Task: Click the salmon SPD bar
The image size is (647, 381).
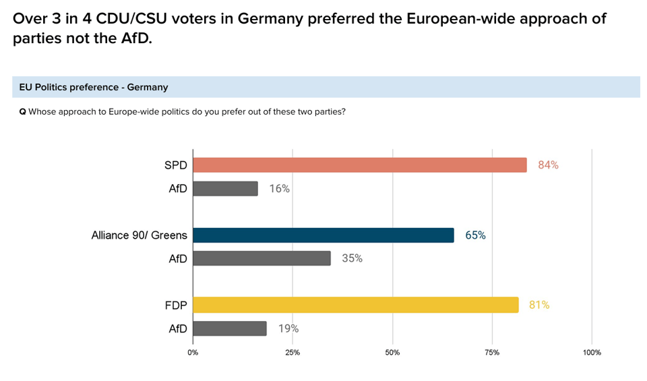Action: click(359, 165)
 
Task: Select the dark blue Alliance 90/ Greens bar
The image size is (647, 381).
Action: click(323, 235)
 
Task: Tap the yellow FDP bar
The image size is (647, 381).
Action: click(355, 305)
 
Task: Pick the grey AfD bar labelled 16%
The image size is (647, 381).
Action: click(225, 188)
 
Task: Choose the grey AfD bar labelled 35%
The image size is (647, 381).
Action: click(261, 258)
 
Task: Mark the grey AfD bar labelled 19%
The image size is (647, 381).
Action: click(229, 328)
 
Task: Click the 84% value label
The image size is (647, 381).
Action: click(548, 165)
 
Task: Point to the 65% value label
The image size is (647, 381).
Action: click(475, 235)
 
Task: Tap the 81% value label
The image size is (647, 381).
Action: click(539, 305)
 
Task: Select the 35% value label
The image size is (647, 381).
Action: click(352, 258)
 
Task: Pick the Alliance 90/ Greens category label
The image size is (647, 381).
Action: click(139, 235)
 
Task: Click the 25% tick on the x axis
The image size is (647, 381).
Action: click(292, 353)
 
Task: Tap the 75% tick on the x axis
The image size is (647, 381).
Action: click(492, 353)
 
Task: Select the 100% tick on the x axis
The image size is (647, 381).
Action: click(592, 353)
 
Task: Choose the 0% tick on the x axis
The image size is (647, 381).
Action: click(193, 353)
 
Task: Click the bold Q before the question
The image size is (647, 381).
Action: click(23, 111)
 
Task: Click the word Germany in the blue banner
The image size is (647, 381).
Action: click(150, 87)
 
